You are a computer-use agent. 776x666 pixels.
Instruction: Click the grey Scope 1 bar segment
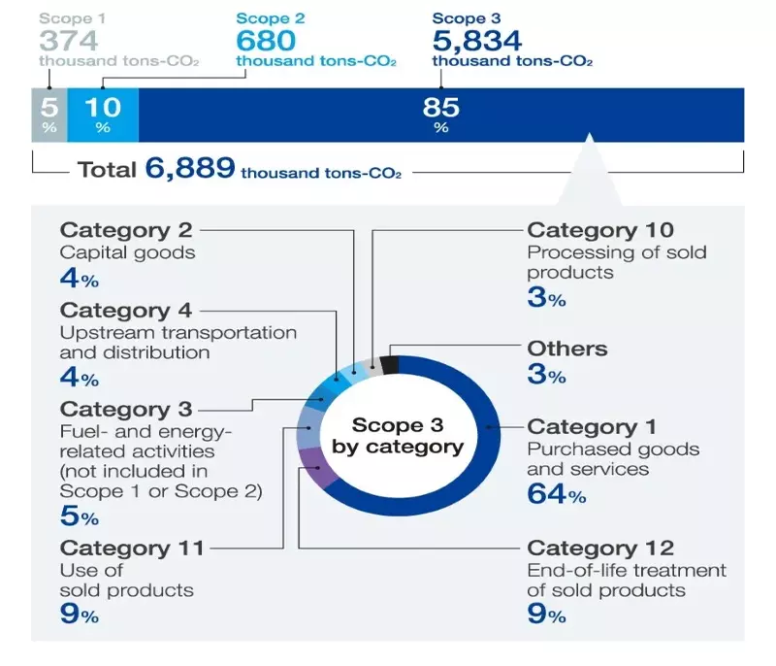(x=48, y=115)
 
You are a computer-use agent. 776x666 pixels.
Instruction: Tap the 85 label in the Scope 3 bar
(x=441, y=108)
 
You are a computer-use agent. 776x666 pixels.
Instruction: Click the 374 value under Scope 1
(x=69, y=40)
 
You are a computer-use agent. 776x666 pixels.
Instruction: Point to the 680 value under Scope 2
(x=266, y=41)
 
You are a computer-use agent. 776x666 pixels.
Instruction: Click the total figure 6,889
(x=190, y=169)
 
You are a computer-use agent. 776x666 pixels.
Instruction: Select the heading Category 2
(x=126, y=230)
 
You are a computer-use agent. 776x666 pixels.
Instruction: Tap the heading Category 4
(x=126, y=310)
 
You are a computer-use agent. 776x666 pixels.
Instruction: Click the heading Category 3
(x=126, y=409)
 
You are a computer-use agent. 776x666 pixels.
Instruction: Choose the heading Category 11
(x=132, y=549)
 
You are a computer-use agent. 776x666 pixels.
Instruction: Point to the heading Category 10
(x=599, y=230)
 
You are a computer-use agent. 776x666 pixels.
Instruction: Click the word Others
(x=566, y=349)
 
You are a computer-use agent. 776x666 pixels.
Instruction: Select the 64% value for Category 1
(x=556, y=495)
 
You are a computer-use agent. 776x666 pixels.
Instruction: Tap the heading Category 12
(x=599, y=549)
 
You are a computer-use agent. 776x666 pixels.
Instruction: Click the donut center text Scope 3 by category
(x=398, y=436)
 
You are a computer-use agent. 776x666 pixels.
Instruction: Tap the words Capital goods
(x=127, y=252)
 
